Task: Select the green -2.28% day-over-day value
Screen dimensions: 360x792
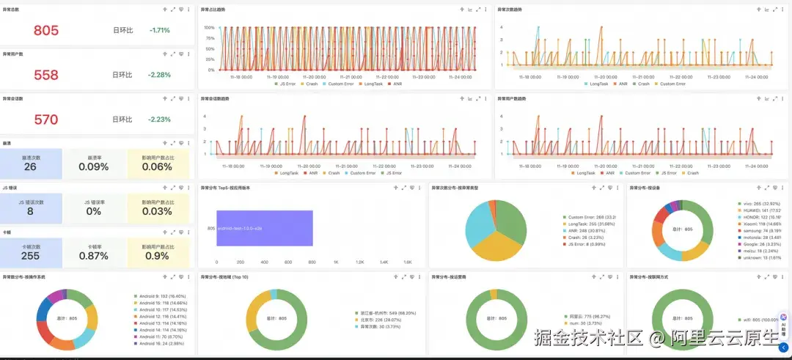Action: point(159,75)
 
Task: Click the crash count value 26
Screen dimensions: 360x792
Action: point(30,166)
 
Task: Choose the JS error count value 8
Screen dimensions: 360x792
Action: point(30,211)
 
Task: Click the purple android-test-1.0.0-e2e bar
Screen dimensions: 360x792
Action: point(265,228)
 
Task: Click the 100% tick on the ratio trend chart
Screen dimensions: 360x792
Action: point(210,28)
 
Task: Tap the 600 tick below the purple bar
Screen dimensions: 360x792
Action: point(289,262)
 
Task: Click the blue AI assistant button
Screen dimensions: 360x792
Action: point(784,323)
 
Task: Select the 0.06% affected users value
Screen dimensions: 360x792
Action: point(157,166)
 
